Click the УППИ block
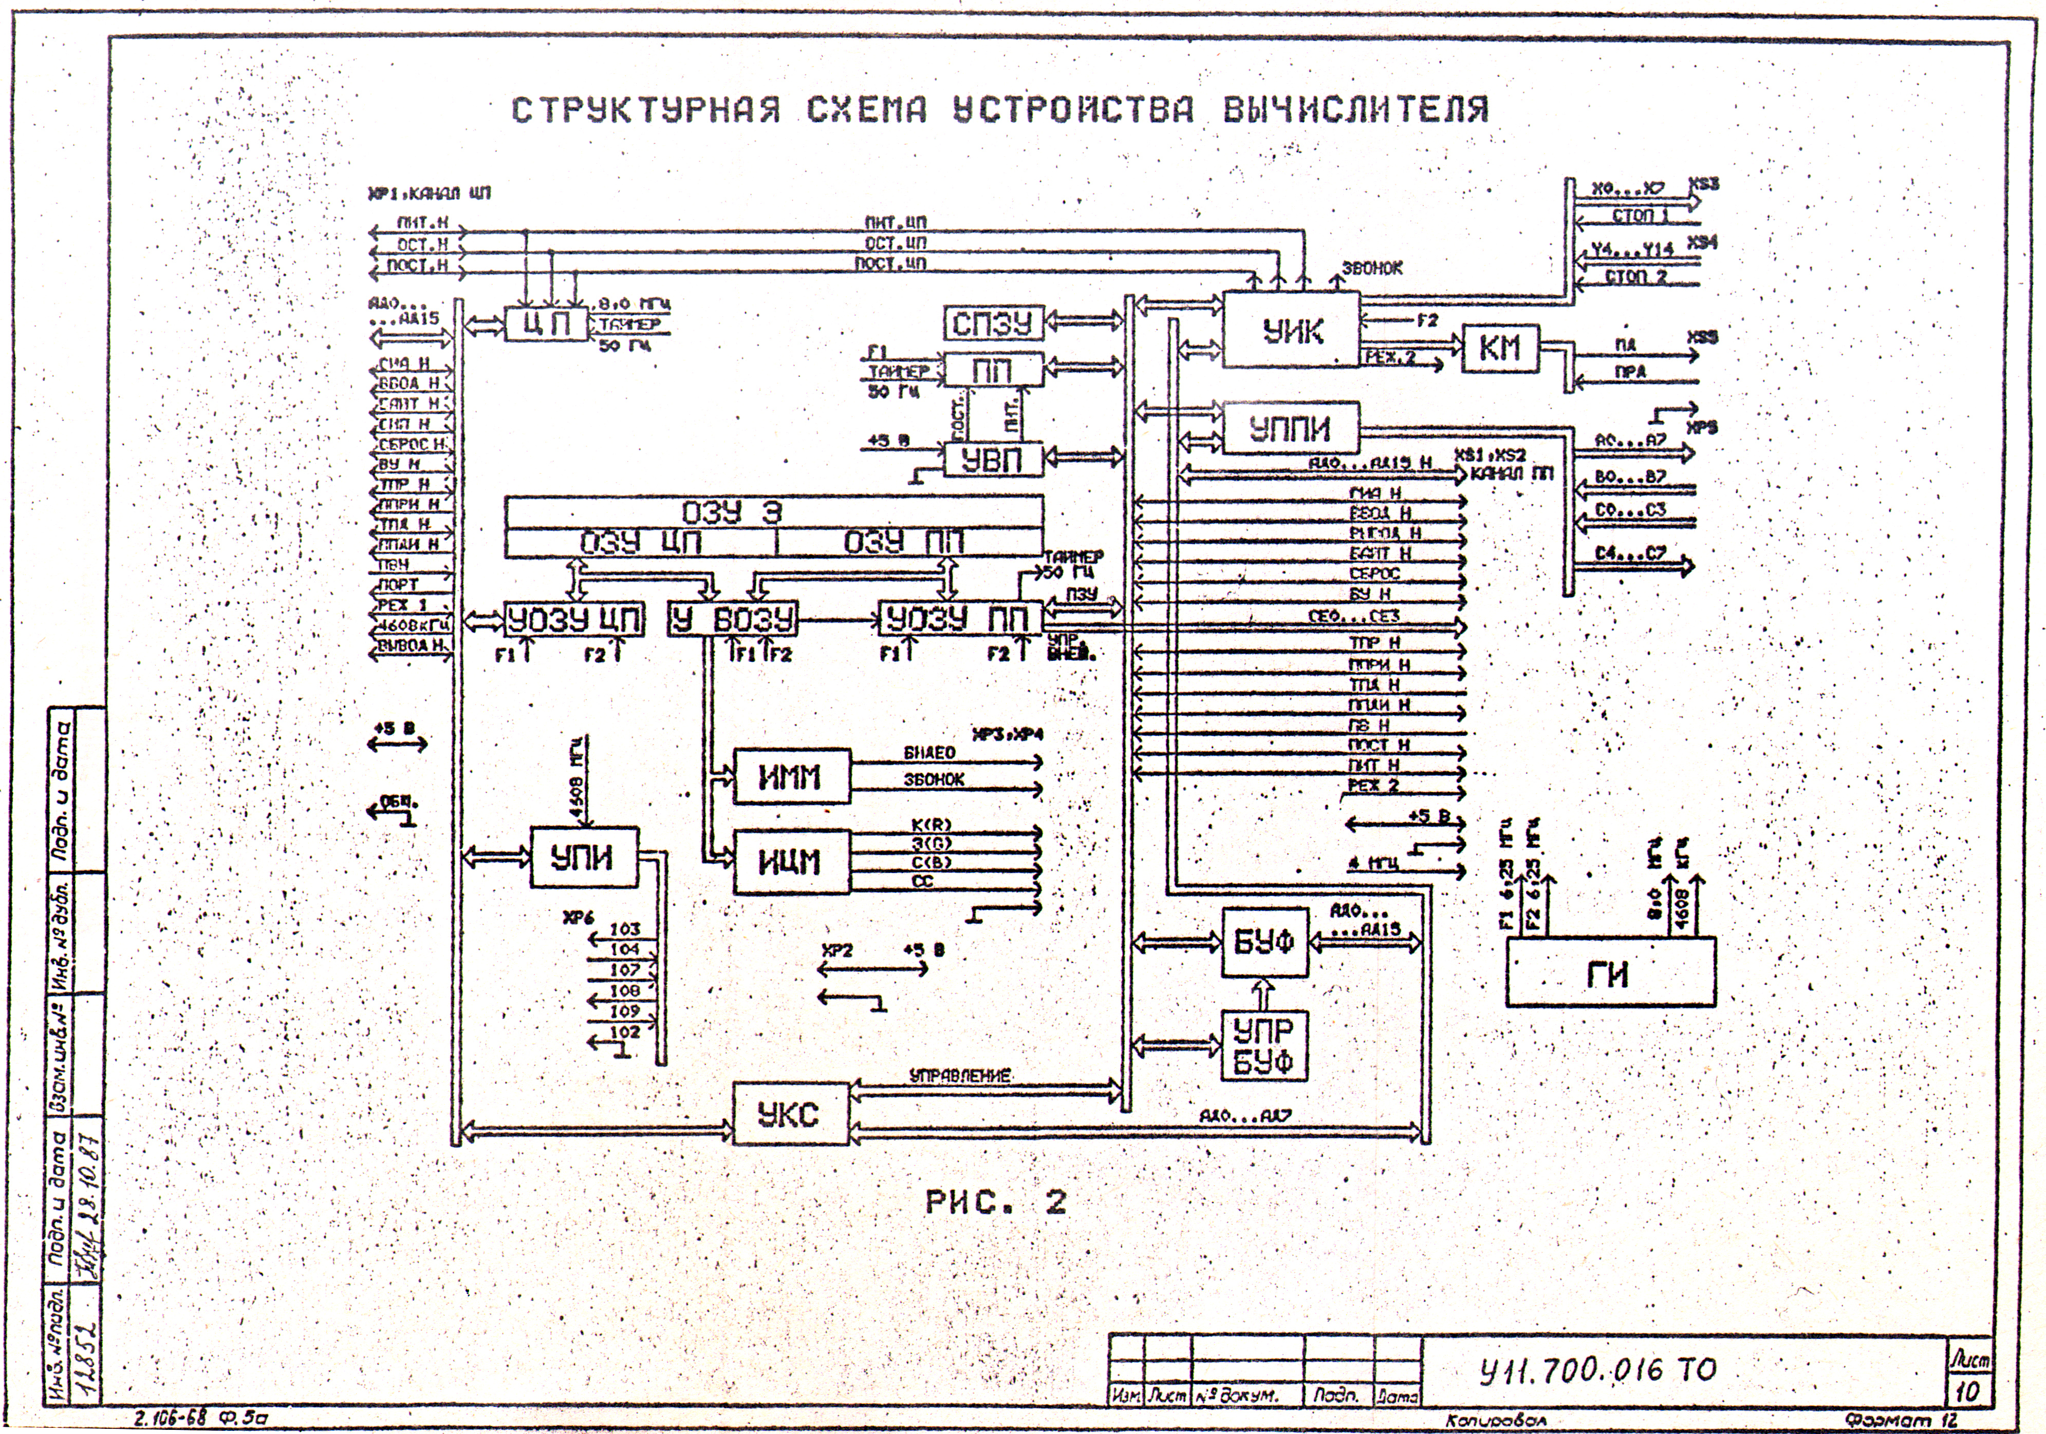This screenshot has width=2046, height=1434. pos(1290,429)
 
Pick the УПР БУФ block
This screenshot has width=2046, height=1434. pos(1263,1046)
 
